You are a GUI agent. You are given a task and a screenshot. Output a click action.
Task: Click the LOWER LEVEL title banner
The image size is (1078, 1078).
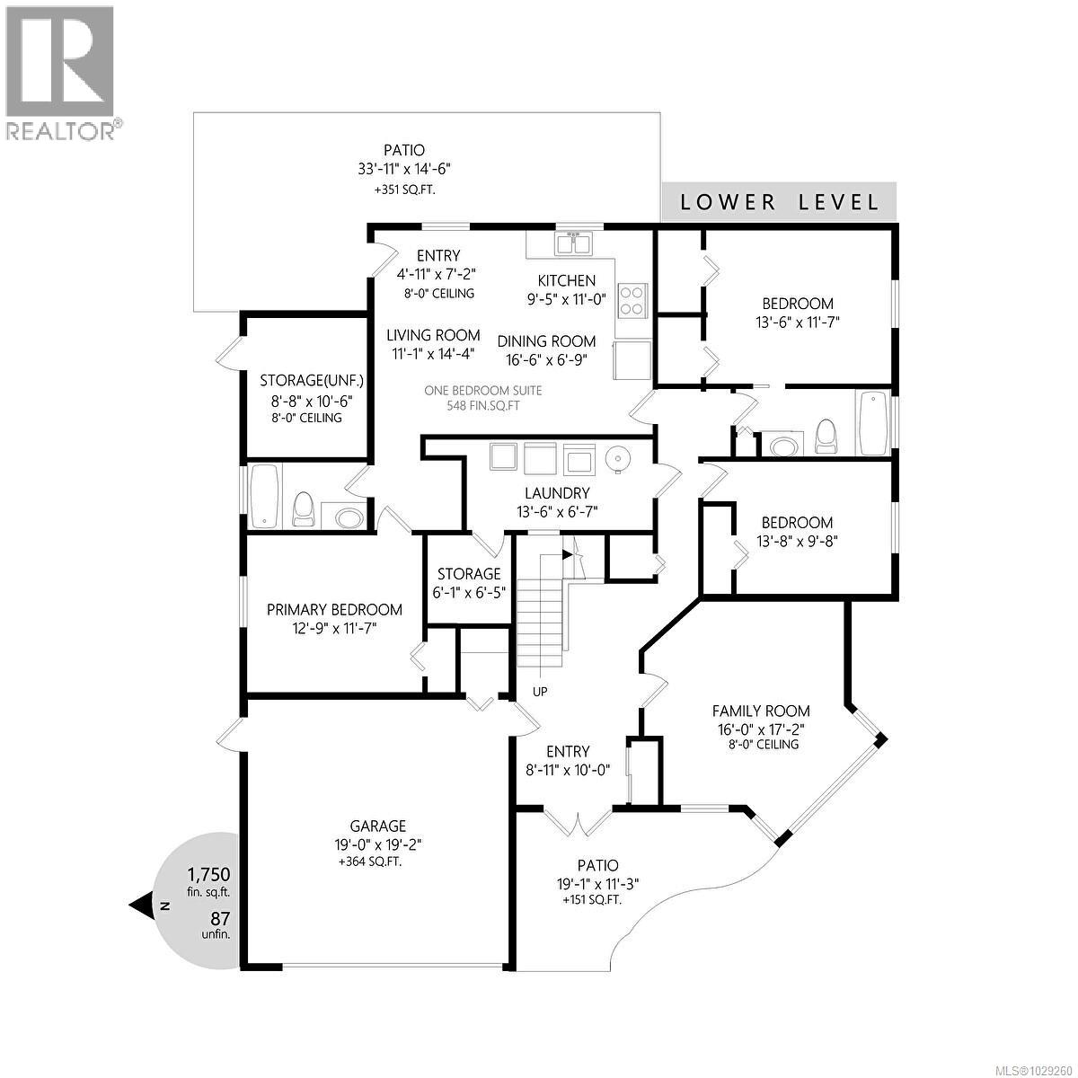tap(779, 202)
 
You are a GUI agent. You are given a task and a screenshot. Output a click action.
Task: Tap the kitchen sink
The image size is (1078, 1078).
tap(572, 243)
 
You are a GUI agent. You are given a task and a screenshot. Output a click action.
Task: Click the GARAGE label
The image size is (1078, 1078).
tap(378, 826)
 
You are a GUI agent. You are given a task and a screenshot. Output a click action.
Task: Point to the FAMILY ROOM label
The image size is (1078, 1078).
tap(761, 711)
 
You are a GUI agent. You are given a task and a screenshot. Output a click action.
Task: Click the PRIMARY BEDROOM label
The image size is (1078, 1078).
tap(334, 610)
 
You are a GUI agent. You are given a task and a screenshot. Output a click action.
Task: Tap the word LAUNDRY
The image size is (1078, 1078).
tap(557, 493)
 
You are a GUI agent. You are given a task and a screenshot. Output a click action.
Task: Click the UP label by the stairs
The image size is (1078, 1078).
tap(540, 692)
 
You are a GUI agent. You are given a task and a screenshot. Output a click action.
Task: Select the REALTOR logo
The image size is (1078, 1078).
tap(61, 72)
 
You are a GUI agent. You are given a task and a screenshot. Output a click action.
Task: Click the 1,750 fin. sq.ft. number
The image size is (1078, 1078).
tap(209, 873)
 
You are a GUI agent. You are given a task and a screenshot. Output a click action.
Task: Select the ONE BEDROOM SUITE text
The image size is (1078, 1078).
tap(484, 390)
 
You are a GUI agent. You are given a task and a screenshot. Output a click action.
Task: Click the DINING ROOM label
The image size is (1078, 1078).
tap(546, 341)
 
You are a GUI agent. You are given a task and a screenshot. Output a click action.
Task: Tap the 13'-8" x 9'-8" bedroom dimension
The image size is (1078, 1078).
tap(796, 541)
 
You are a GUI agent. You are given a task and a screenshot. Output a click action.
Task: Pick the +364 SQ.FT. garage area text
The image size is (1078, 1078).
tap(369, 862)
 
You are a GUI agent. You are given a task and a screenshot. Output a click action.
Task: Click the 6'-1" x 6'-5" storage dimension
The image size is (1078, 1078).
tap(468, 592)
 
